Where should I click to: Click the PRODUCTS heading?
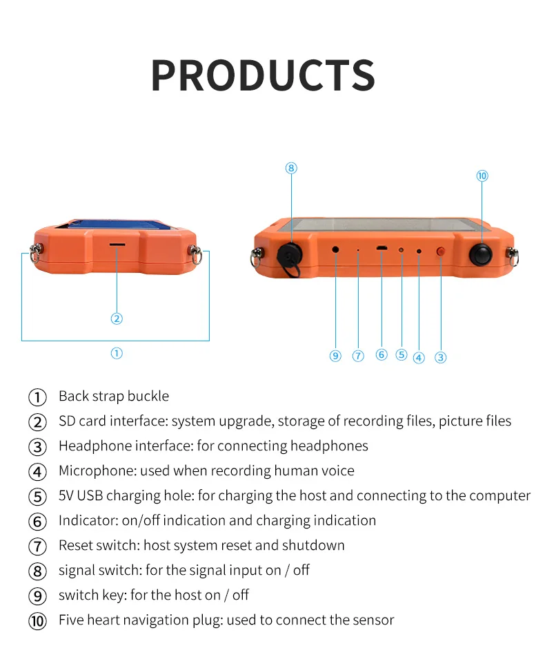coord(263,75)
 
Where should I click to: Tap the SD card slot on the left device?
coord(117,245)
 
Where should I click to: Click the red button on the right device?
coord(441,252)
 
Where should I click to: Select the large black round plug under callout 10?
coord(482,254)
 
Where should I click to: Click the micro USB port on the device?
coord(381,248)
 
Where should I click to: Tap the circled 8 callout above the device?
coord(291,168)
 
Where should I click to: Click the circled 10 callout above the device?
coord(482,175)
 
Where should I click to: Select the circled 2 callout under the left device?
coord(117,318)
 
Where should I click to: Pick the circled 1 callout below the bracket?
coord(117,353)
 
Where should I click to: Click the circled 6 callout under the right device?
coord(381,354)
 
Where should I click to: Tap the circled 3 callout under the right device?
coord(441,357)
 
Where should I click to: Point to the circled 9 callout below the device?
coord(335,356)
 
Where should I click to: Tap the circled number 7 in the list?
coord(37,546)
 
